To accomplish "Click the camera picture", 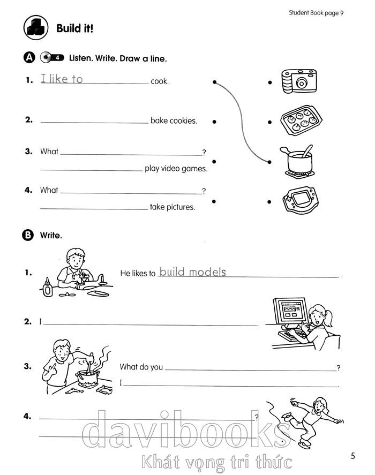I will [297, 81].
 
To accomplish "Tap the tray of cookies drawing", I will [298, 121].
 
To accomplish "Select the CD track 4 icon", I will [52, 58].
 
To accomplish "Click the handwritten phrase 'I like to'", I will [62, 79].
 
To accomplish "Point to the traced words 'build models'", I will [192, 272].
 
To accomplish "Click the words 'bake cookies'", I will [174, 121].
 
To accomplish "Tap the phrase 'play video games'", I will [176, 169].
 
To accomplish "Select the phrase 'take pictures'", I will [172, 207].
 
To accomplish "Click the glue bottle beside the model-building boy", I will [48, 288].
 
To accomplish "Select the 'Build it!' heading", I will [74, 28].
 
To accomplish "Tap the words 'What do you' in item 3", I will [141, 367].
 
